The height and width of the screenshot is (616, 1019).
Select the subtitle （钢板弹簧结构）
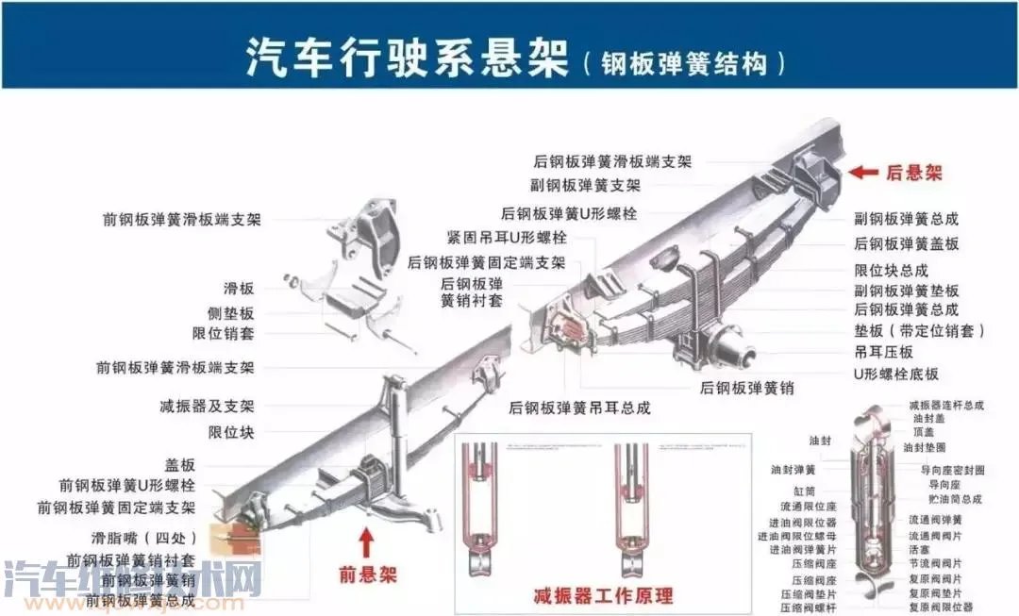[683, 63]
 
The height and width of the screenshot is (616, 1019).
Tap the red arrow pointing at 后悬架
[862, 172]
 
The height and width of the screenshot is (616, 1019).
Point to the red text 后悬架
[913, 173]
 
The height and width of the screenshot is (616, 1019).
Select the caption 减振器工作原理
[603, 595]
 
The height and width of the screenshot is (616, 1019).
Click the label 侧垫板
[230, 313]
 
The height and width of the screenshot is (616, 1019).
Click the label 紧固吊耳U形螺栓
[507, 237]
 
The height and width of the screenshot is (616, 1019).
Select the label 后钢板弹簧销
[746, 387]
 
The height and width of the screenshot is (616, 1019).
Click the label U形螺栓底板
[895, 374]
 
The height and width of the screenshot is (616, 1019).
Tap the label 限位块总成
[891, 270]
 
